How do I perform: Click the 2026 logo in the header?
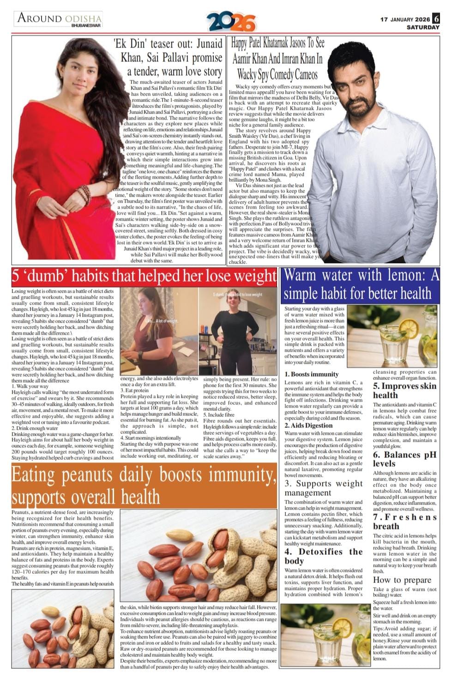(x=231, y=22)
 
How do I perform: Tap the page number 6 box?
(x=436, y=19)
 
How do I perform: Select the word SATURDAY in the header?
(x=422, y=27)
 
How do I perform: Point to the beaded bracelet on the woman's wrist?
(x=84, y=194)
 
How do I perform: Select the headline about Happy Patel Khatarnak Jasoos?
(x=277, y=59)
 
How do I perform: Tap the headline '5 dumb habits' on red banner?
(x=144, y=276)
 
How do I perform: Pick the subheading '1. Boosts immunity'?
(x=312, y=374)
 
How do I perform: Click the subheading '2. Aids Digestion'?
(x=308, y=425)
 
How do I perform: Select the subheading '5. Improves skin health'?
(x=404, y=391)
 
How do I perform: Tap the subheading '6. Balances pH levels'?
(x=404, y=459)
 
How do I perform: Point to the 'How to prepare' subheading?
(x=402, y=580)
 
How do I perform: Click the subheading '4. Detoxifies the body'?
(x=323, y=556)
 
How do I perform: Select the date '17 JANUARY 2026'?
(x=405, y=19)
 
